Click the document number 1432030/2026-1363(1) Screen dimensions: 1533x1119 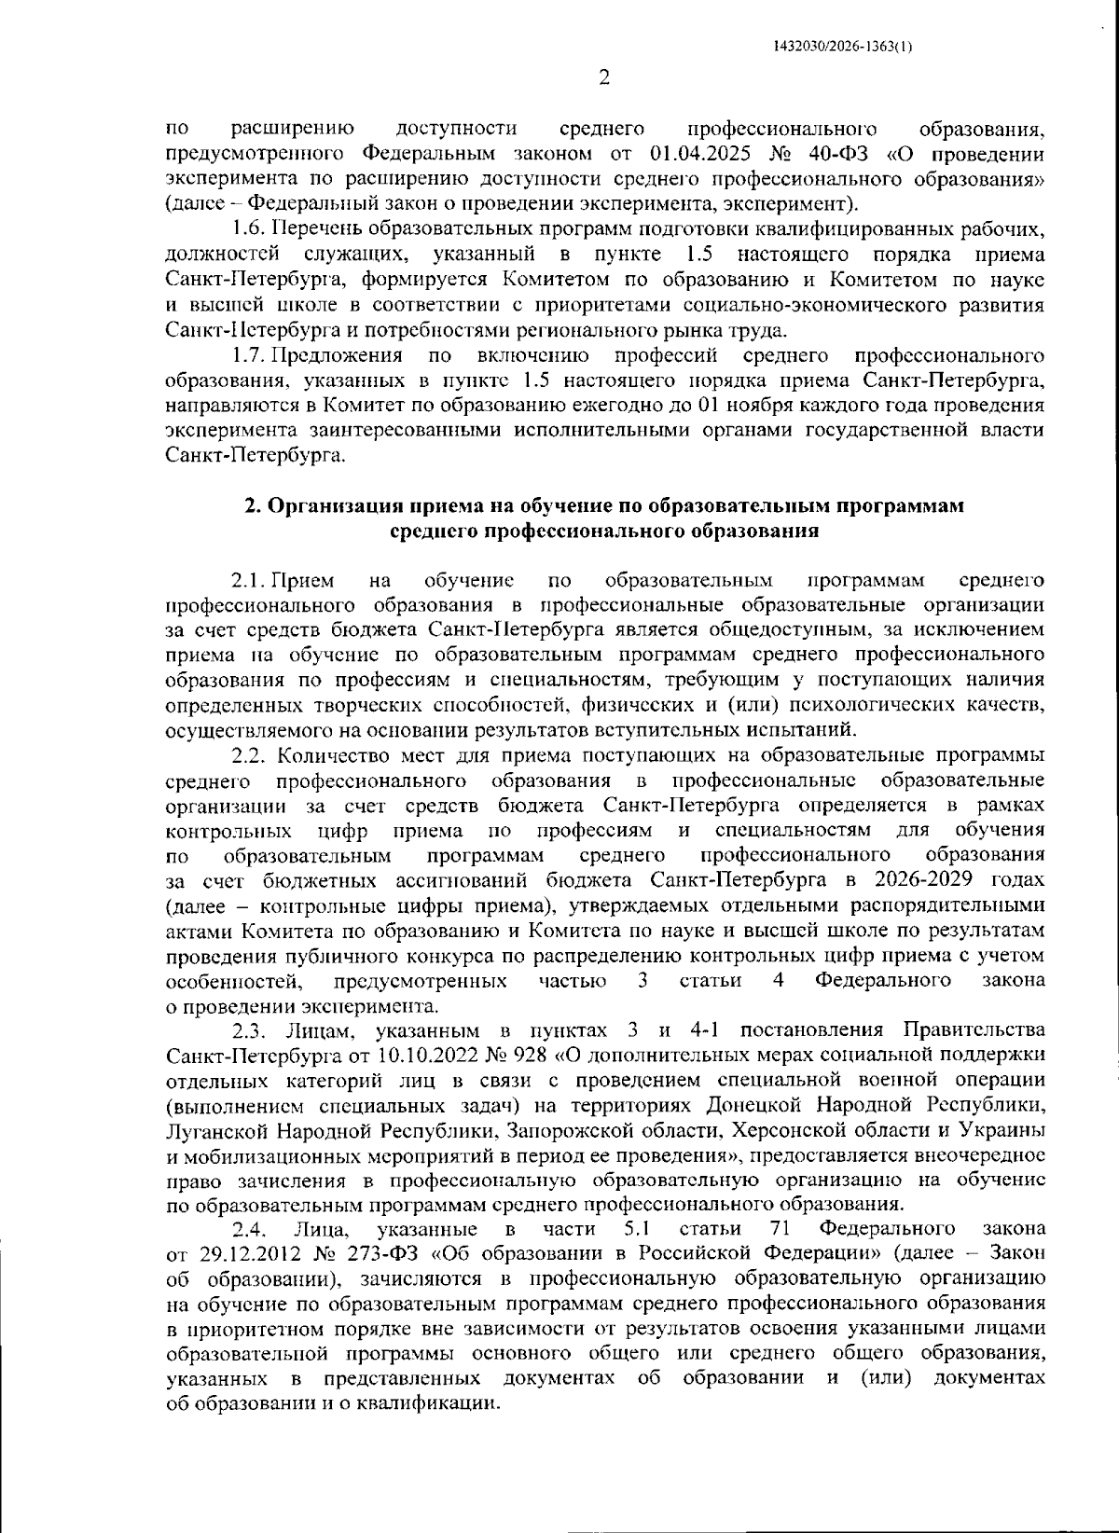(x=843, y=45)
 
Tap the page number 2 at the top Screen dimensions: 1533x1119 (x=603, y=79)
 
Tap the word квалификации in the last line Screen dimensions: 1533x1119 (x=437, y=1403)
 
